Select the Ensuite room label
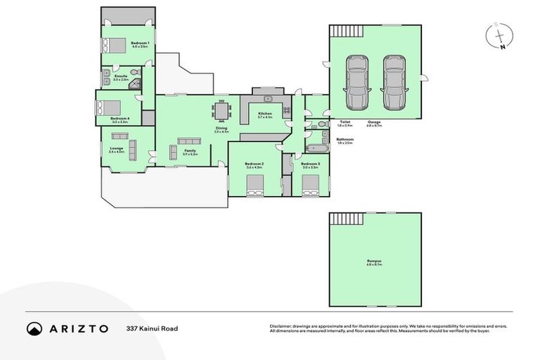pyautogui.click(x=120, y=77)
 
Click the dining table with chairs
pyautogui.click(x=222, y=111)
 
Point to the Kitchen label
pyautogui.click(x=265, y=113)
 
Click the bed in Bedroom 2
pyautogui.click(x=254, y=186)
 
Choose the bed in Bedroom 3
pyautogui.click(x=311, y=186)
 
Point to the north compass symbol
pyautogui.click(x=499, y=36)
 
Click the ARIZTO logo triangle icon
pyautogui.click(x=34, y=328)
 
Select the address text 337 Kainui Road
pyautogui.click(x=152, y=328)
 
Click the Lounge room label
pyautogui.click(x=116, y=149)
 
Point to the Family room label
pyautogui.click(x=190, y=151)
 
